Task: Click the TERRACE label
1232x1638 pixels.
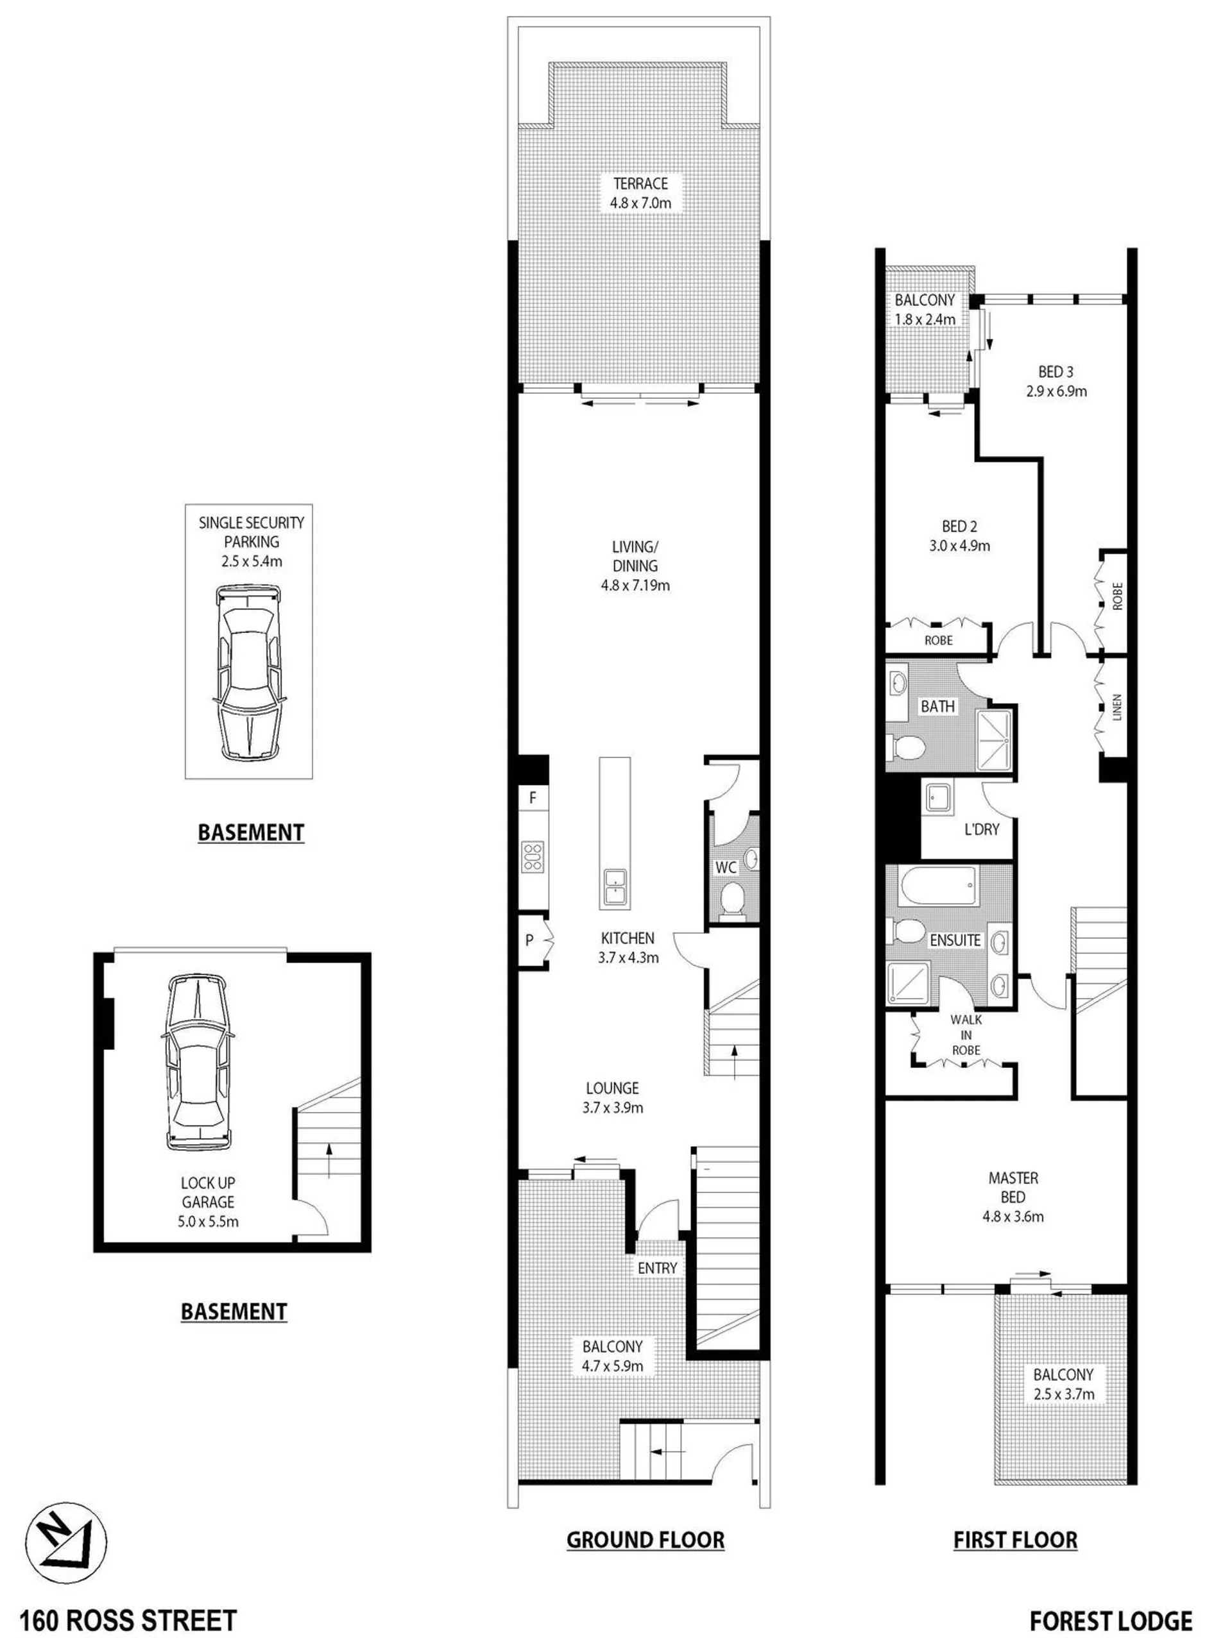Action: [x=640, y=183]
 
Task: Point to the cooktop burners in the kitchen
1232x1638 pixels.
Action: [x=533, y=856]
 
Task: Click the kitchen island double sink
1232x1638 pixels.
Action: [x=614, y=886]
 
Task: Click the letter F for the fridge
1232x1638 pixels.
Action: [x=533, y=798]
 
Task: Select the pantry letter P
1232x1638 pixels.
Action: [x=529, y=940]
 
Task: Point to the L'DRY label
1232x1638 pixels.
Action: [x=981, y=829]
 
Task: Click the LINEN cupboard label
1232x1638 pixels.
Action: [x=1116, y=707]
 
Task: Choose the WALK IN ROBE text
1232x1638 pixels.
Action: [x=966, y=1034]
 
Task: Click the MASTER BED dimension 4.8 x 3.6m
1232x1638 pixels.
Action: [x=1013, y=1216]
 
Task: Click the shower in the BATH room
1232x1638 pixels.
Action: [x=994, y=732]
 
